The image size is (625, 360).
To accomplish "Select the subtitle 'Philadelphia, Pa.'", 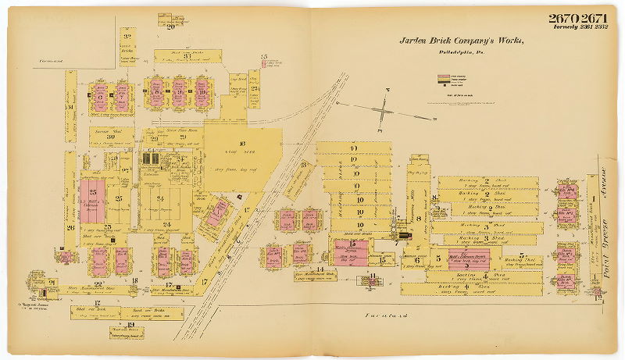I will click(x=461, y=52).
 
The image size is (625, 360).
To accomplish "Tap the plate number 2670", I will click(x=562, y=18).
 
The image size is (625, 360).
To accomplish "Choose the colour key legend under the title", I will click(x=452, y=80).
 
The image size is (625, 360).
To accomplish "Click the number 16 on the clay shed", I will click(x=242, y=143).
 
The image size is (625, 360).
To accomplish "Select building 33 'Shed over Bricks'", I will click(x=187, y=56).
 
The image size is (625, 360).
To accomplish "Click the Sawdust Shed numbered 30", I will click(x=112, y=137).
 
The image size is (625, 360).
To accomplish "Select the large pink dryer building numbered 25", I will click(x=92, y=200).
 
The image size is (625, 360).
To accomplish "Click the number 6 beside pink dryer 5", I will click(x=417, y=260).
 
